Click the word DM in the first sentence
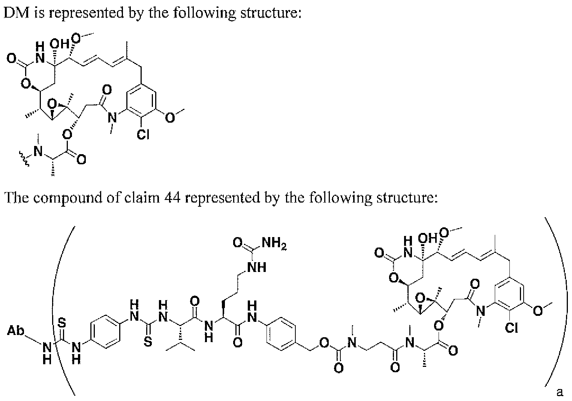click(16, 12)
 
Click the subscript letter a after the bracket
click(560, 392)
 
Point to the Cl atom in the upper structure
click(143, 135)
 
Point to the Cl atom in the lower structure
click(512, 327)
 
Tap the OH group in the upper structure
click(60, 44)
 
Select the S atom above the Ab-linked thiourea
click(62, 323)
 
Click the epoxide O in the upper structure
click(52, 104)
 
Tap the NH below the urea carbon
click(257, 267)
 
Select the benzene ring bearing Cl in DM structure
click(141, 101)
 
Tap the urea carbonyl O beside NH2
click(238, 243)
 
